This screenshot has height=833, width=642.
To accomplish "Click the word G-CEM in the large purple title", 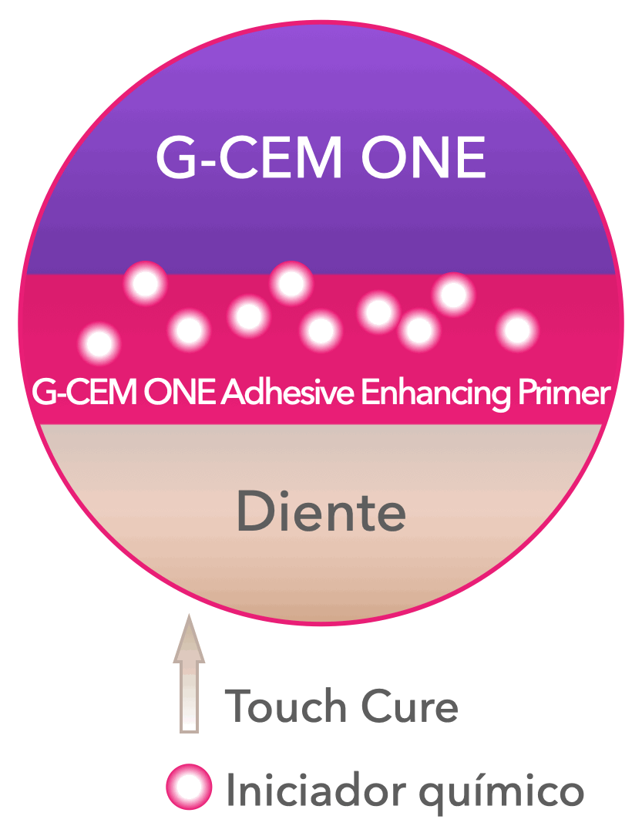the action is (249, 157).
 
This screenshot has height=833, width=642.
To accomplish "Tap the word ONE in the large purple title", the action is (423, 157).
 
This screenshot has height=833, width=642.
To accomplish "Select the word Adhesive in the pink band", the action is (287, 393).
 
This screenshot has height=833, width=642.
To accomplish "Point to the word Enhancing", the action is (436, 394).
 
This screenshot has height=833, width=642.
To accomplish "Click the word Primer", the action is (564, 393).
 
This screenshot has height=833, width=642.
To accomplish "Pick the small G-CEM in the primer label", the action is (83, 393).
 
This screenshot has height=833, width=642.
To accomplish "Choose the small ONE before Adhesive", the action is (180, 393).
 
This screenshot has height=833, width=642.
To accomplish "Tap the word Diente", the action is (321, 511).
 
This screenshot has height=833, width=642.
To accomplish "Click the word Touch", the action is (286, 706).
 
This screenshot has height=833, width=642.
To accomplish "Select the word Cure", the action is (409, 706).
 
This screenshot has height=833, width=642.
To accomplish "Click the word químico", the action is (502, 794).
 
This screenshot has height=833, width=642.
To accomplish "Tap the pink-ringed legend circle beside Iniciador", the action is (189, 787).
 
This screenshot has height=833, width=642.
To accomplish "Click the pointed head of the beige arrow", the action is (189, 639).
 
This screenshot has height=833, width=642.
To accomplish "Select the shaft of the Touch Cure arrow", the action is (189, 697).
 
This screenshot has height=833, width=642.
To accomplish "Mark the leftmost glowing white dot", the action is (99, 344).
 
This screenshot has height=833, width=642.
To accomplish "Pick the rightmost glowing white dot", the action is (517, 330).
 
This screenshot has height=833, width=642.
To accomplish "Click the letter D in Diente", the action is (255, 511).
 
